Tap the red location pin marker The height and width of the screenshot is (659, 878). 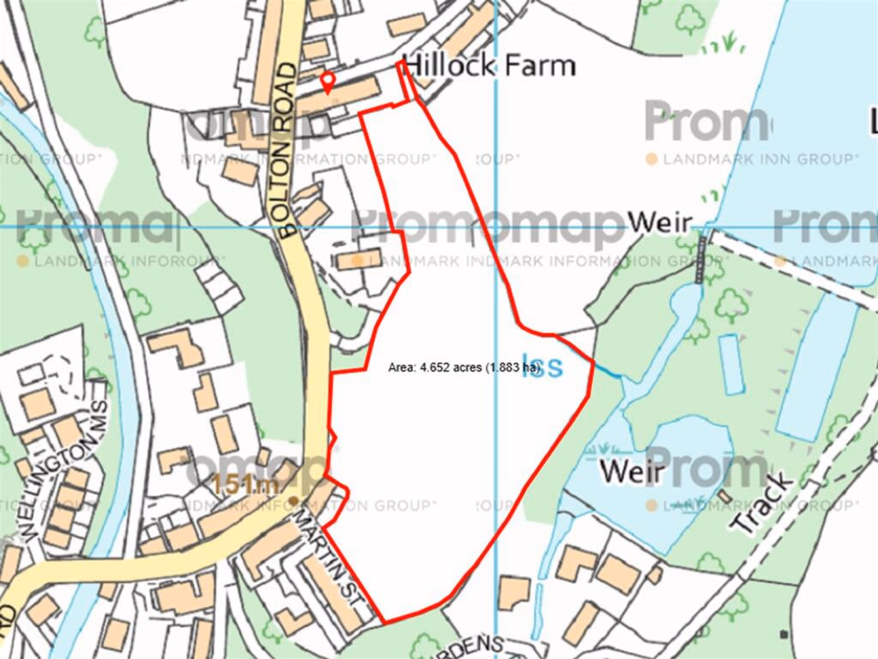point(327,81)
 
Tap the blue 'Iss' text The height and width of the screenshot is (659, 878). point(544,367)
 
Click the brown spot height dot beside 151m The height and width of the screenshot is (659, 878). point(294,500)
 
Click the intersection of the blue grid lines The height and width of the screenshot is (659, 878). point(496,228)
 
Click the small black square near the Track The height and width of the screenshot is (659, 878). point(784,634)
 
